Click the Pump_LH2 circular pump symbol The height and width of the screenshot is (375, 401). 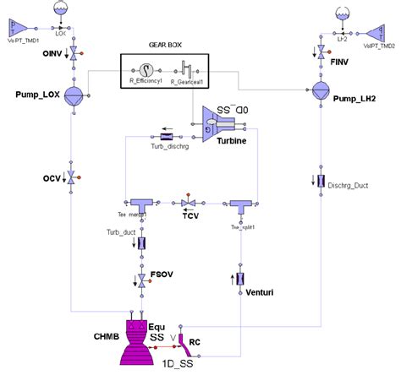click(x=321, y=90)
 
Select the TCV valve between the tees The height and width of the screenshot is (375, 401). click(x=190, y=204)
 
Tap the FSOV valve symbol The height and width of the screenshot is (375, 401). click(x=141, y=278)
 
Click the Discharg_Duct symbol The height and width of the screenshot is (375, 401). click(x=321, y=181)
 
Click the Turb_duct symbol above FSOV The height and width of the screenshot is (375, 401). click(x=141, y=243)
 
